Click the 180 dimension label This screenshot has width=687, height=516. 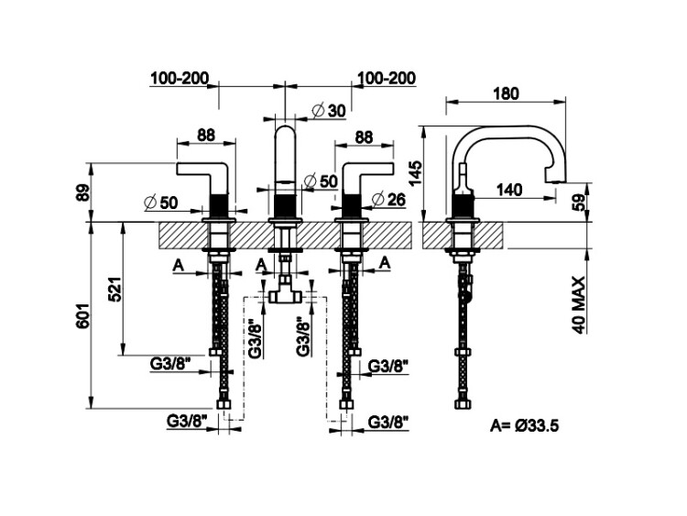click(x=506, y=93)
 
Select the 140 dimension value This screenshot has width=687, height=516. click(x=509, y=190)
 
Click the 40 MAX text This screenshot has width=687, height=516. click(x=579, y=302)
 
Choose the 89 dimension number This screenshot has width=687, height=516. click(x=82, y=193)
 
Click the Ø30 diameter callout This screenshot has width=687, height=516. click(x=329, y=110)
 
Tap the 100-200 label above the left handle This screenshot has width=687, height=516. click(x=180, y=79)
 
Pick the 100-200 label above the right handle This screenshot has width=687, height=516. click(x=386, y=79)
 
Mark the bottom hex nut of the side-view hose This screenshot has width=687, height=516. click(x=463, y=402)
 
